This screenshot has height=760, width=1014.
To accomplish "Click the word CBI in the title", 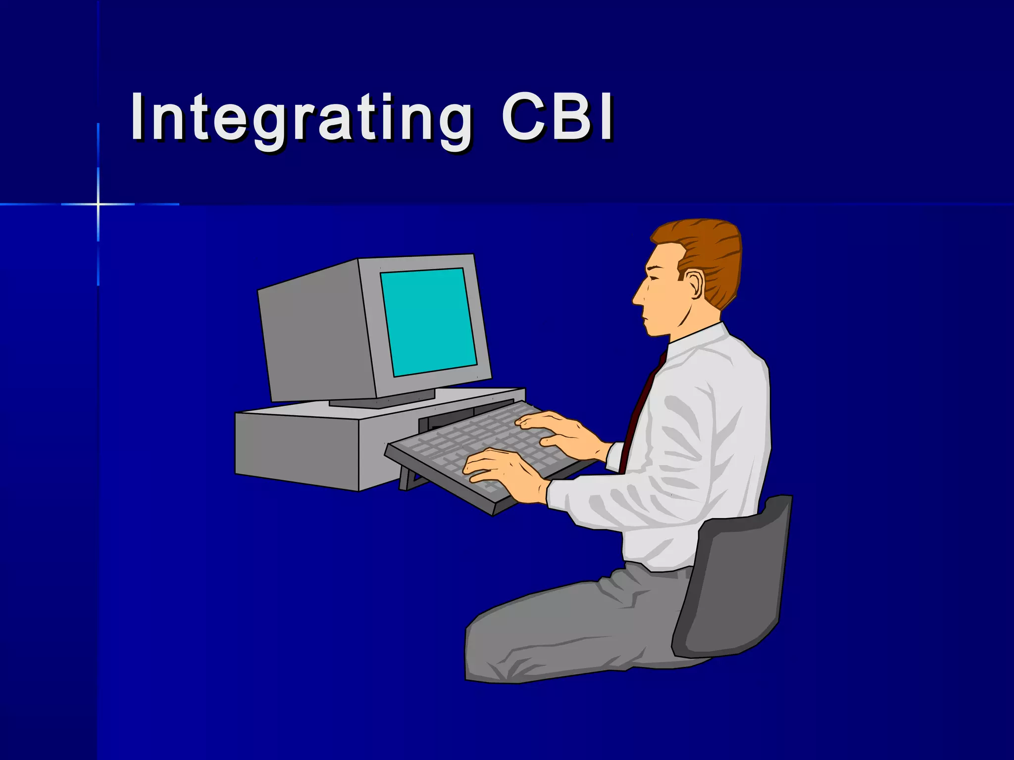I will point(557,118).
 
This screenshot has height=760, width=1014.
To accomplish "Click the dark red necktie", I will point(639,411).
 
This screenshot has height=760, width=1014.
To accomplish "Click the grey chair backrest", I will point(733,579).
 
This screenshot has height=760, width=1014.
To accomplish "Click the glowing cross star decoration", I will point(98,204).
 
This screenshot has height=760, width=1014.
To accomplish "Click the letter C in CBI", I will point(525,118).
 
